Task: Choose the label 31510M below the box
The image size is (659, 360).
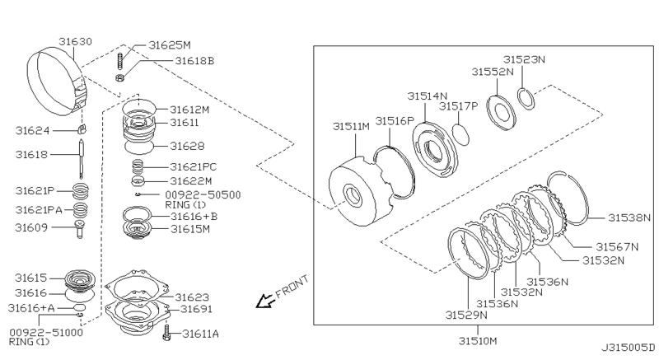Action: [479, 339]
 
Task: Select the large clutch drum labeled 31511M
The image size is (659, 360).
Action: [359, 196]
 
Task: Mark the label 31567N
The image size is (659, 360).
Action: [616, 245]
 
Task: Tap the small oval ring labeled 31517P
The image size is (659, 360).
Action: [464, 132]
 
